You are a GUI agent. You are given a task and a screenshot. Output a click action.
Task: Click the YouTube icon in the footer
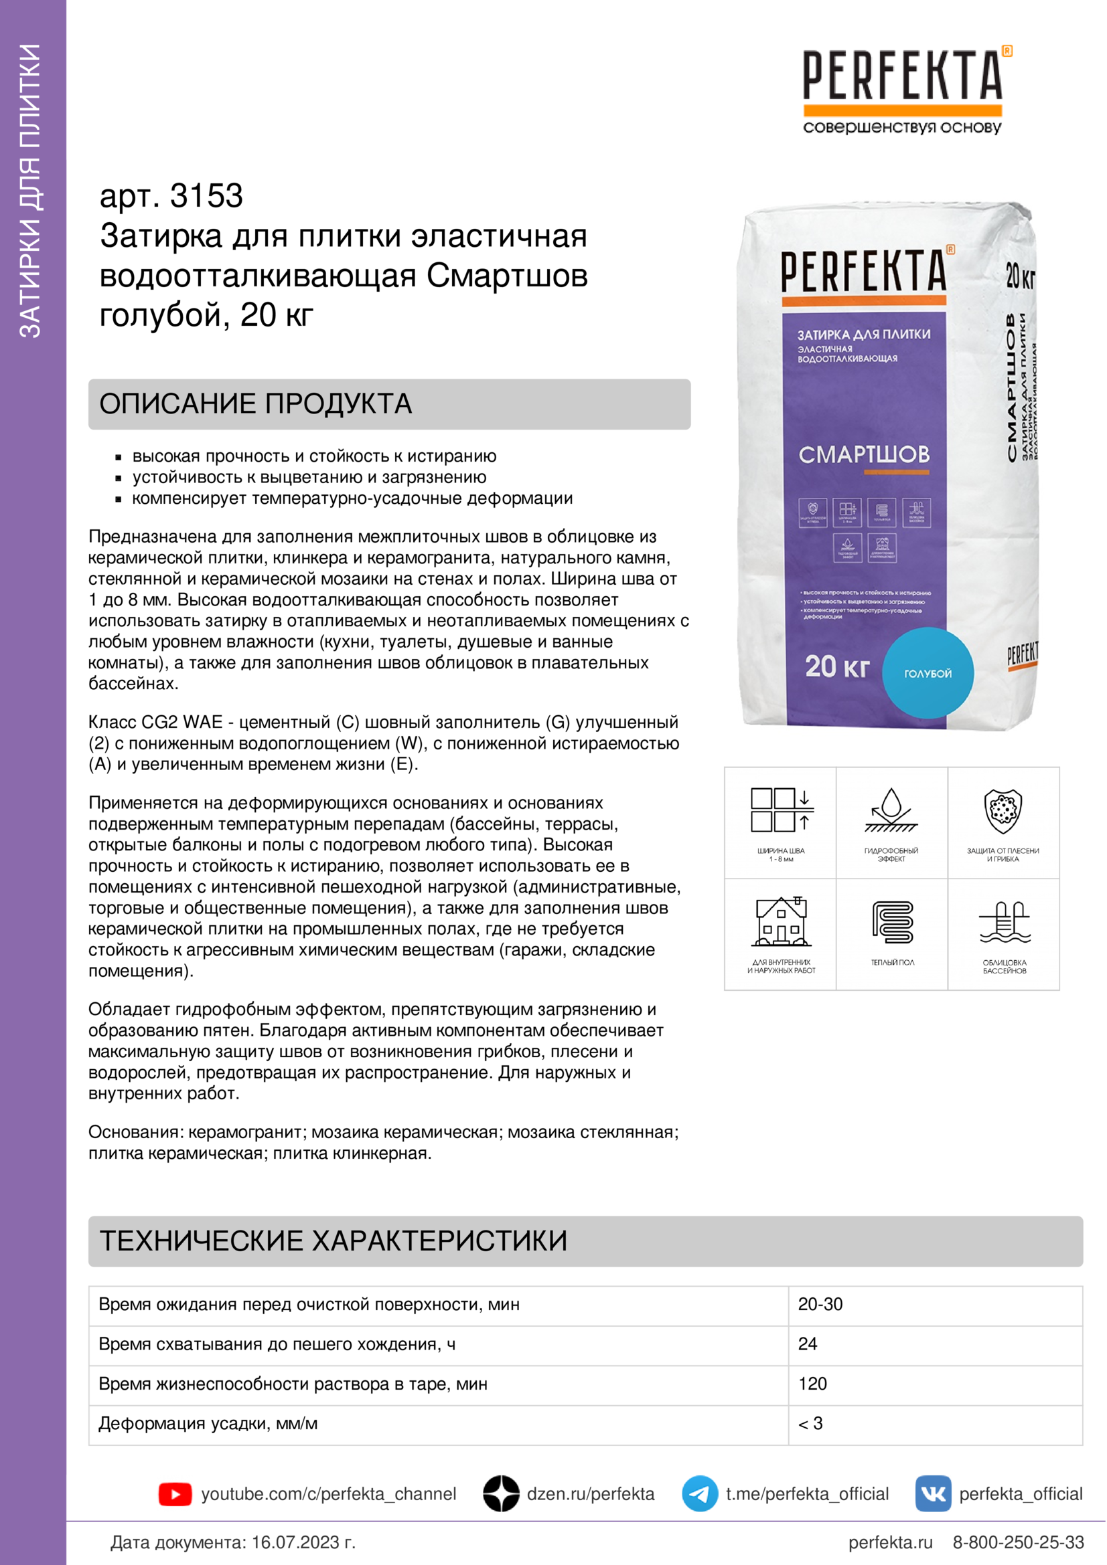(175, 1494)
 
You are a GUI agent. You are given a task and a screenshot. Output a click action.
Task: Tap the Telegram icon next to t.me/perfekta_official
(699, 1493)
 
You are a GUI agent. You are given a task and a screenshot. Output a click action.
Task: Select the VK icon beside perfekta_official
(932, 1493)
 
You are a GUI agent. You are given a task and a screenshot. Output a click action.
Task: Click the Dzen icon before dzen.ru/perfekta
(502, 1493)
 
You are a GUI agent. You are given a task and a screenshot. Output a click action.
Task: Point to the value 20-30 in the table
(820, 1304)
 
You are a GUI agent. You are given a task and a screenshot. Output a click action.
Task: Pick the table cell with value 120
(812, 1384)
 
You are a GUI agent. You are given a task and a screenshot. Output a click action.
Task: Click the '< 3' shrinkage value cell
(810, 1423)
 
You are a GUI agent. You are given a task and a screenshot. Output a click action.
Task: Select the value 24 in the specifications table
(808, 1344)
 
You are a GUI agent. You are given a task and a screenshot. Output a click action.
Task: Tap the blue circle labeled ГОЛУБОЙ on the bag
(928, 672)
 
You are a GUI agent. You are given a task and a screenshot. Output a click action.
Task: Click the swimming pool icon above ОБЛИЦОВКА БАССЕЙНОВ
(1004, 922)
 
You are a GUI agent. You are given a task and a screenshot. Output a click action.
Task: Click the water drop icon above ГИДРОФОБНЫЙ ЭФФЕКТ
(891, 811)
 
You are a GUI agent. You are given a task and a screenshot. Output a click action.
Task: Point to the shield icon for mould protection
(1003, 811)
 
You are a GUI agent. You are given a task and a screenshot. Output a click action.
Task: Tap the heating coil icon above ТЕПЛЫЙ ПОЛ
(892, 922)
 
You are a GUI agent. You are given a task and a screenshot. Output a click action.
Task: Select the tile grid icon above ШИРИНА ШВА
(781, 810)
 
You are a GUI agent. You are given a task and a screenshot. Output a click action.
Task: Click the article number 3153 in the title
(206, 196)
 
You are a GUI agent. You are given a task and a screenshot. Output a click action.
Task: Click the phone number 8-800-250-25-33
(1018, 1542)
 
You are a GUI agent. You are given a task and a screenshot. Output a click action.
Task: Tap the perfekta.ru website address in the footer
(890, 1542)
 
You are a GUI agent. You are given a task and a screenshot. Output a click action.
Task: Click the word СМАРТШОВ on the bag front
(863, 454)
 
